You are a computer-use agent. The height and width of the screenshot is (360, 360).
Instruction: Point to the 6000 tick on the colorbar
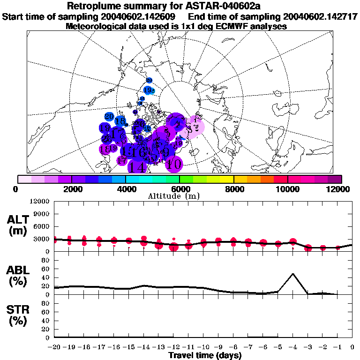coord(180,188)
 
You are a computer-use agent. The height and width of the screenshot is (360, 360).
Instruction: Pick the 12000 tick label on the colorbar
coord(338,188)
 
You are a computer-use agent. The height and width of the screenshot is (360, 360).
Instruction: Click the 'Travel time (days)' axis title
coord(205,355)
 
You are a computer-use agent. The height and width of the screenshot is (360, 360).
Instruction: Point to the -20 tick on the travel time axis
coord(55,347)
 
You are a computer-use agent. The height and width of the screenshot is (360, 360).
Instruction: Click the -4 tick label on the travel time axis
coord(293,347)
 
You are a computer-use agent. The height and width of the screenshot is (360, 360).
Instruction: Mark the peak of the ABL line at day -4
coord(293,274)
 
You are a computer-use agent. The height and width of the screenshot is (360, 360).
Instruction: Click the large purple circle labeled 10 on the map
coord(174,164)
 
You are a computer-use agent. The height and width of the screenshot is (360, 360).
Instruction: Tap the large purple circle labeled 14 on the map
coord(138,166)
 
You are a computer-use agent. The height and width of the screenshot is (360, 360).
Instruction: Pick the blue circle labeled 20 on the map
coord(109,116)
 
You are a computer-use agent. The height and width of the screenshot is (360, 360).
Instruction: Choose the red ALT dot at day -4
coord(293,242)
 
